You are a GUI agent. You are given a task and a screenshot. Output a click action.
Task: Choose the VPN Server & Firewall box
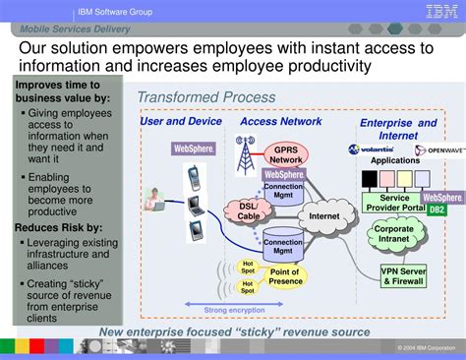click(x=404, y=275)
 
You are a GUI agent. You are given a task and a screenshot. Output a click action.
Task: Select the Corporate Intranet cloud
click(x=394, y=235)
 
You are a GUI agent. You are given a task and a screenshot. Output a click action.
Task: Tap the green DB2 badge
click(x=437, y=210)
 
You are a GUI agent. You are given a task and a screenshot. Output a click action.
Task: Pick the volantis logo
click(x=371, y=150)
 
